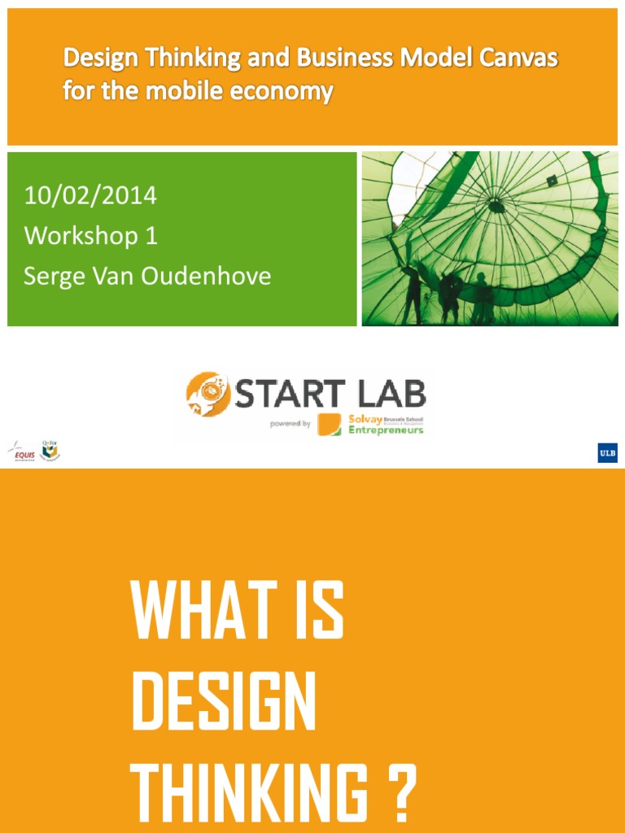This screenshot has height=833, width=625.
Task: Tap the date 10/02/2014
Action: point(90,196)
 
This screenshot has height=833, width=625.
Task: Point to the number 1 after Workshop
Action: point(150,236)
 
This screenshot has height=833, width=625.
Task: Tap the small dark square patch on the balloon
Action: point(552,181)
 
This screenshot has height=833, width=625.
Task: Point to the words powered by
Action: point(290,423)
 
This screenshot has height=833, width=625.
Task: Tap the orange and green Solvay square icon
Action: point(330,425)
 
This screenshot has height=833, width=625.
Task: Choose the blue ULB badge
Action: point(607,453)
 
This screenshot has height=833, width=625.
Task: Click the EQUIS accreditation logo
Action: point(22,450)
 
